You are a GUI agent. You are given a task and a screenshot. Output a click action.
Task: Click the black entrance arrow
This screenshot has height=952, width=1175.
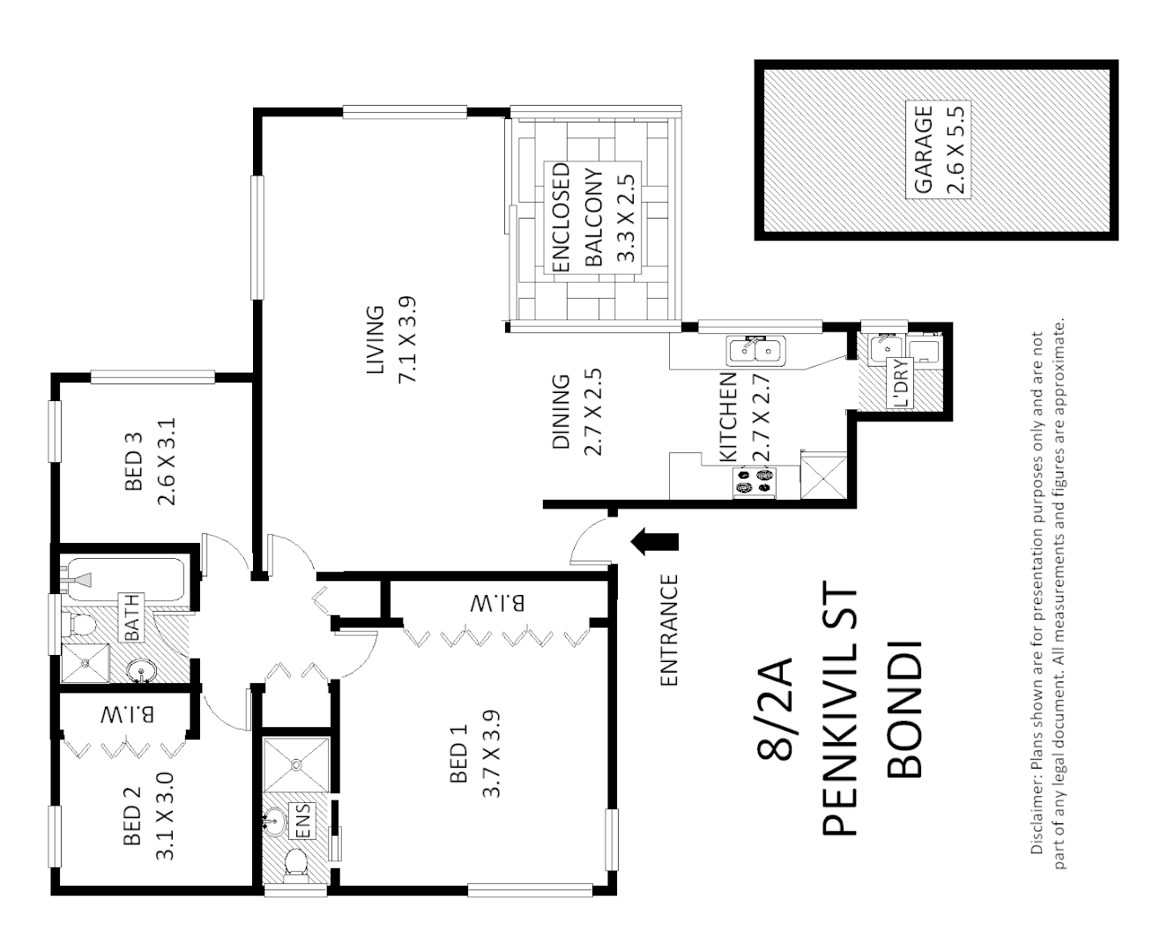click(x=655, y=542)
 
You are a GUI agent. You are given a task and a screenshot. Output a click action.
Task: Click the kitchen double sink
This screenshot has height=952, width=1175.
click(x=755, y=352)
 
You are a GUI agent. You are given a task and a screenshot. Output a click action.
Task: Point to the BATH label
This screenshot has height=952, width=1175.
click(x=130, y=617)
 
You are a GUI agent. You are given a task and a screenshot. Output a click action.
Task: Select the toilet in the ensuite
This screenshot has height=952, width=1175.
click(x=296, y=865)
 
